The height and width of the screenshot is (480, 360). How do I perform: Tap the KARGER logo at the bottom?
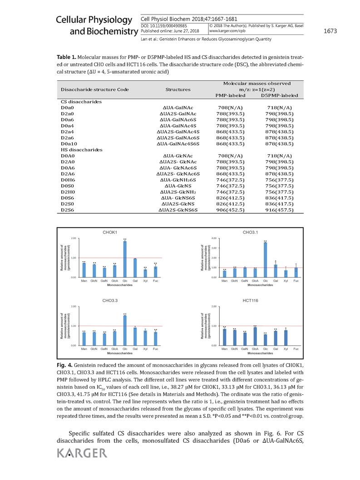click(x=82, y=453)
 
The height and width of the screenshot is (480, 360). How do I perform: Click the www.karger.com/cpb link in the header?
click(x=225, y=32)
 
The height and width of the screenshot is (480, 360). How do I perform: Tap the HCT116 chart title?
click(x=250, y=301)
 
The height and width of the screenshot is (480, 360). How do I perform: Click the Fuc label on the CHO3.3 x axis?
click(x=155, y=349)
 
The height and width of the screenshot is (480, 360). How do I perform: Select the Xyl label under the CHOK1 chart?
click(x=145, y=281)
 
